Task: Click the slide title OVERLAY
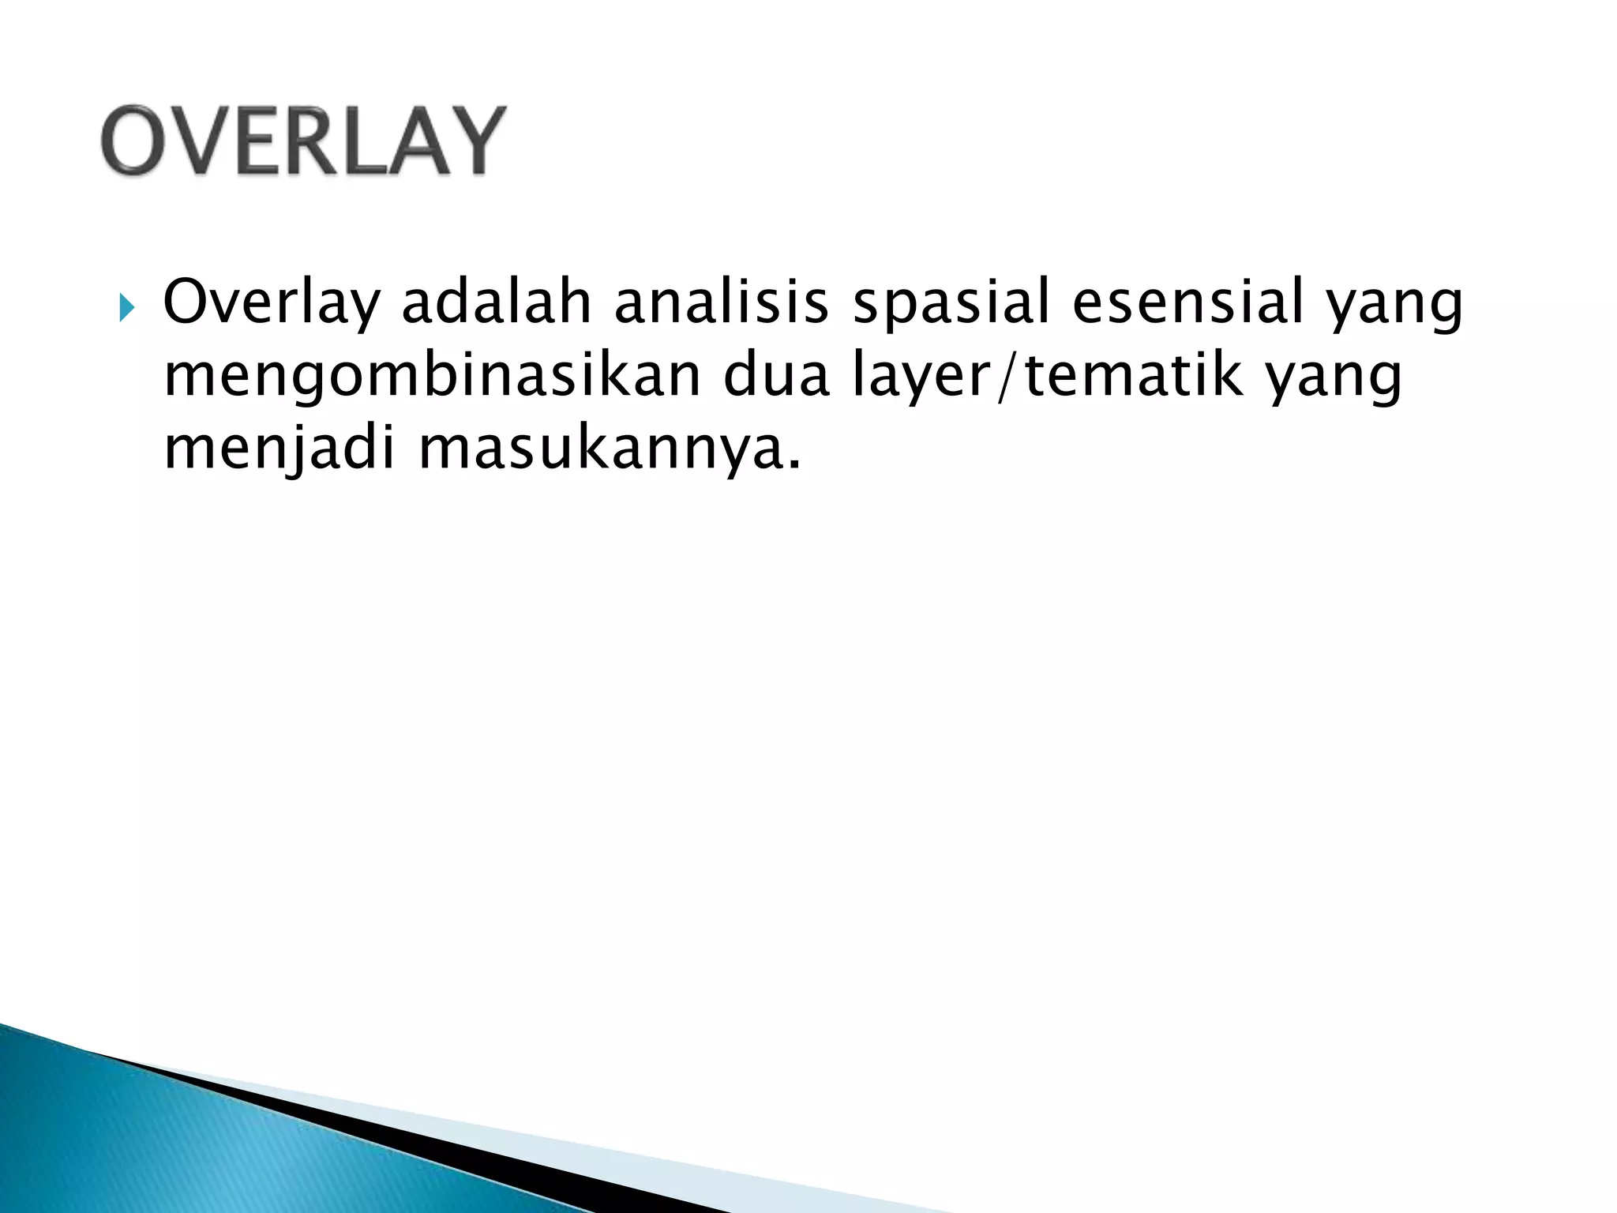pos(302,141)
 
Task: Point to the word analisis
pos(722,303)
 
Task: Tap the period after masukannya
pos(793,466)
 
